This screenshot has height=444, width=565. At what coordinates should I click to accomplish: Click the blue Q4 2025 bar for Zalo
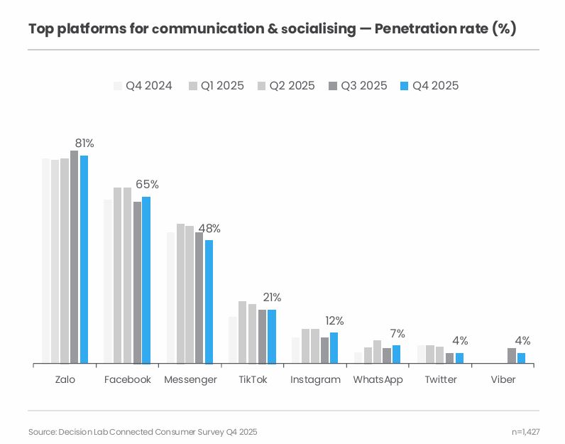click(x=84, y=259)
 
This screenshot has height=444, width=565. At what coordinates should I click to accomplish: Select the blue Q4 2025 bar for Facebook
click(x=146, y=280)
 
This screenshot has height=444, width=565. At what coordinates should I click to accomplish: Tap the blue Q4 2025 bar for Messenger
click(x=209, y=302)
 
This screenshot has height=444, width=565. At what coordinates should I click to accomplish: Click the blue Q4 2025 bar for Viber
click(x=521, y=358)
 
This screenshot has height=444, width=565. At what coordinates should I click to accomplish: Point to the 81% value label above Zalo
click(x=84, y=144)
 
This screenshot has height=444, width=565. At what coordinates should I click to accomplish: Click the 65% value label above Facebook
click(x=147, y=185)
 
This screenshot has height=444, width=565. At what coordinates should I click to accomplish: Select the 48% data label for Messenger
click(x=209, y=229)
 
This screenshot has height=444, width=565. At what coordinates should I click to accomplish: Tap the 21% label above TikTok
click(x=272, y=298)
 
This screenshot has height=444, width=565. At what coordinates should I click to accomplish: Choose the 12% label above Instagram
click(x=334, y=320)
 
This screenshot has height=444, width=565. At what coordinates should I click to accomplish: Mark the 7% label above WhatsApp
click(x=397, y=333)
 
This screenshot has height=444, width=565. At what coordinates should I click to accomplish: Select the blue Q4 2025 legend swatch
click(x=405, y=86)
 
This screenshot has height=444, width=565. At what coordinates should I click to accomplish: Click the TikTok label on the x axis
click(x=253, y=380)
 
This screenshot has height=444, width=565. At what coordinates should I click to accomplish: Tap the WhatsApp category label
click(x=378, y=380)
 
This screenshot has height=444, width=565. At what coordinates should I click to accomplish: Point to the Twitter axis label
click(x=441, y=380)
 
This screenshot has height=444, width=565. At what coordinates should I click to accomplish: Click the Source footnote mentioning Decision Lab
click(x=143, y=432)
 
